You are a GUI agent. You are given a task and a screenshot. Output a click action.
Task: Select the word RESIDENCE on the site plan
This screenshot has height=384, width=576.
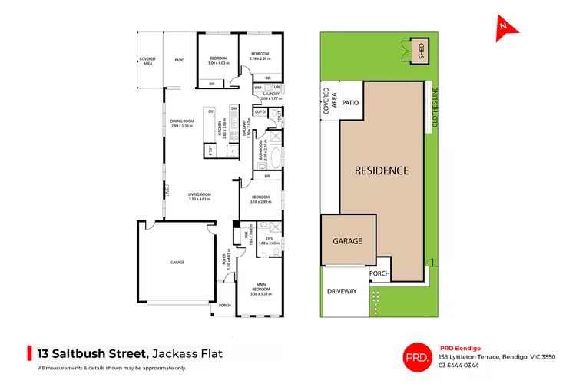coord(381,170)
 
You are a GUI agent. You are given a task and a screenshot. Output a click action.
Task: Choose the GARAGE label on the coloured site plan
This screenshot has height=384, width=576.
coord(347,240)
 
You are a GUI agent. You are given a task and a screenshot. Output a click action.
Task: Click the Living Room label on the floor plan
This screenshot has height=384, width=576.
coord(200,195)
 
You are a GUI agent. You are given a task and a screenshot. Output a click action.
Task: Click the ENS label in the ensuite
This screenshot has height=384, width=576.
coord(269,239)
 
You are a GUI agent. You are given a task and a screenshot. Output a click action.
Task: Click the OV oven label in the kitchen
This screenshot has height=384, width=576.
coord(210,112)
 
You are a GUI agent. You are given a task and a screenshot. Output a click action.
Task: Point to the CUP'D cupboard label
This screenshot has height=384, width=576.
coord(260,112)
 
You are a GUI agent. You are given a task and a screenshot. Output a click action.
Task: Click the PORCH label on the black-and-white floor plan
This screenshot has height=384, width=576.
coord(225,305)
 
